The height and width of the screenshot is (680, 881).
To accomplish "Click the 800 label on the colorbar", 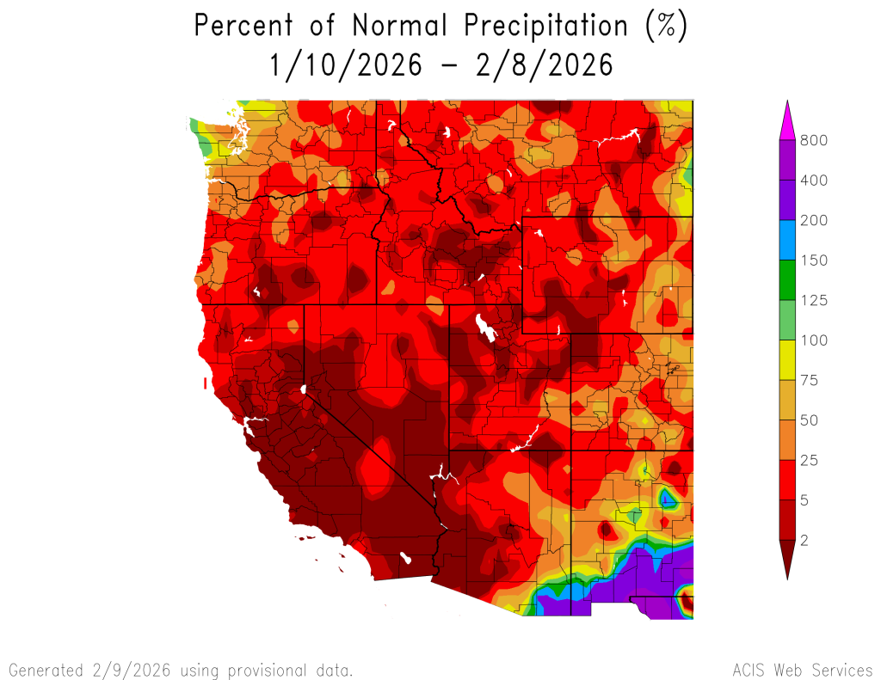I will click(x=814, y=140).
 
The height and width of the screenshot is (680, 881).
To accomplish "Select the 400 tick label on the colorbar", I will click(x=814, y=181).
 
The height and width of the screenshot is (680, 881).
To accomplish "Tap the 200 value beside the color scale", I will click(x=814, y=220).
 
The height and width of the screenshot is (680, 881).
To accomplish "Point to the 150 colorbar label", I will click(x=814, y=260).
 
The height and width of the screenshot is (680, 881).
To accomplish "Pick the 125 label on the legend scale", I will click(x=814, y=300).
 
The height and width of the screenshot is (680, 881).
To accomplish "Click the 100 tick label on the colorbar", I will click(x=814, y=340).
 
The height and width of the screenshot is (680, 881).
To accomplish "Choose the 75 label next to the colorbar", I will click(x=810, y=380).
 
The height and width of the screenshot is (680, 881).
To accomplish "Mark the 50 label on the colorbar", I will click(x=810, y=420).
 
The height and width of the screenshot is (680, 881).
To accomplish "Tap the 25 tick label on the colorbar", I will click(x=810, y=460).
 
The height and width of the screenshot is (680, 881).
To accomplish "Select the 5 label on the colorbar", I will click(x=805, y=500).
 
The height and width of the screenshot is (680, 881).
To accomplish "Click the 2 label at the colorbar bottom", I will click(x=805, y=540).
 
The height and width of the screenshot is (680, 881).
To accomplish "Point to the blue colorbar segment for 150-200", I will click(x=786, y=240).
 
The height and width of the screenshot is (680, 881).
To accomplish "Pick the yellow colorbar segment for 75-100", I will click(x=786, y=360).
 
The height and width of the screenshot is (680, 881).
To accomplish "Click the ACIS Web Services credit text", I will click(x=802, y=669).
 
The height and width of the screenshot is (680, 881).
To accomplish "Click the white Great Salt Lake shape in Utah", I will click(x=484, y=328).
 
